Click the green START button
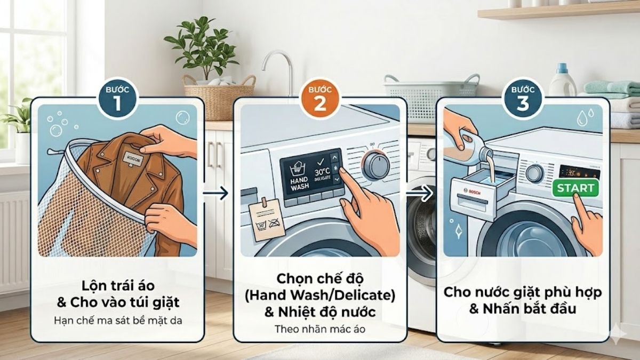click(575, 188)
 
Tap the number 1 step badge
click(117, 98)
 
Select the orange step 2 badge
click(320, 98)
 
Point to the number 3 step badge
click(523, 98)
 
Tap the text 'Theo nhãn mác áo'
click(320, 329)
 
